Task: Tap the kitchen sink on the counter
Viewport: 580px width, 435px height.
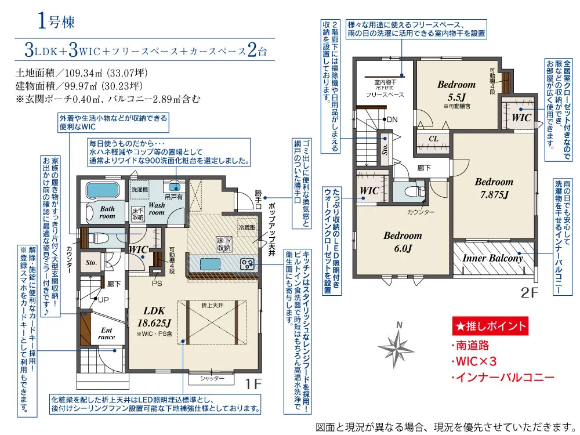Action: click(210, 264)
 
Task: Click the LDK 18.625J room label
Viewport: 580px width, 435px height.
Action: click(154, 317)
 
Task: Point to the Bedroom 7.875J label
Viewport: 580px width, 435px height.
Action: click(494, 188)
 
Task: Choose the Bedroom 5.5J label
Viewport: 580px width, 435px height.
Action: click(456, 90)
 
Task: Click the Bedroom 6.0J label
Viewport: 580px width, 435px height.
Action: click(403, 241)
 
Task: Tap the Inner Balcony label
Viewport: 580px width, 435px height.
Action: click(492, 258)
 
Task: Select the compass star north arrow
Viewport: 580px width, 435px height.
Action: click(397, 345)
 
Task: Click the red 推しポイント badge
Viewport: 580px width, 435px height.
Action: click(490, 326)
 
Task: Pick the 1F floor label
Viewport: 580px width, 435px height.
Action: click(253, 383)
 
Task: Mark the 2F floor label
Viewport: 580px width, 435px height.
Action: click(529, 292)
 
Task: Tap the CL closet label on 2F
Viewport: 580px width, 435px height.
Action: click(433, 139)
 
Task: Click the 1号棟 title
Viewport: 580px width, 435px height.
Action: click(56, 21)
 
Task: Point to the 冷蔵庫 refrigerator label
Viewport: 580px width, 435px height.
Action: click(246, 227)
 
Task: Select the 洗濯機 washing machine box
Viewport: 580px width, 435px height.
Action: click(140, 190)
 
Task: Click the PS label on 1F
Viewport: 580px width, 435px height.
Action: click(157, 284)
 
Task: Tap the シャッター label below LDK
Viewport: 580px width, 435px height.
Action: click(212, 378)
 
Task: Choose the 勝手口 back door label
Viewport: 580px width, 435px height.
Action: click(258, 199)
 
